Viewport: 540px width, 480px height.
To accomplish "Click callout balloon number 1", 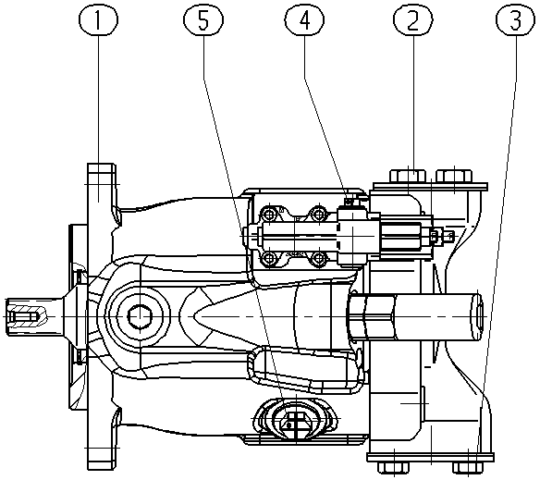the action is coord(99,20).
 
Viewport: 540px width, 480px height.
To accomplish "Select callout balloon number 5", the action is coord(203,20).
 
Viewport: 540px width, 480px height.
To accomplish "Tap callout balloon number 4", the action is coord(304,20).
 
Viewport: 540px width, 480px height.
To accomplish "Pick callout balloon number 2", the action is coord(413,20).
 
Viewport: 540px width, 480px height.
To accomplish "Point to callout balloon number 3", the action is coord(516,20).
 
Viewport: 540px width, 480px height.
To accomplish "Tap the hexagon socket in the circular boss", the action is coord(140,316).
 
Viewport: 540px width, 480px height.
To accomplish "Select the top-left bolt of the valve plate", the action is coord(270,215).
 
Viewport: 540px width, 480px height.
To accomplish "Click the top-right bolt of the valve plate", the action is coord(318,215).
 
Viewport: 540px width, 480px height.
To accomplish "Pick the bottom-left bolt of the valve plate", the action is coord(270,258).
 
